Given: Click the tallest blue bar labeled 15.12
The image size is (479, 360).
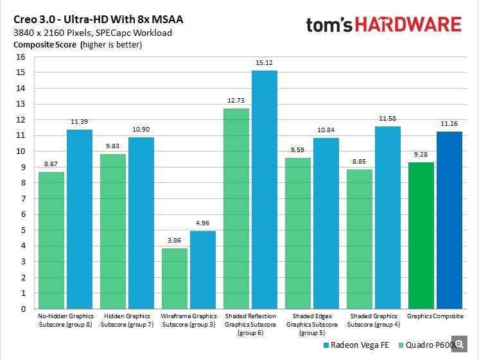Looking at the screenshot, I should [x=264, y=189].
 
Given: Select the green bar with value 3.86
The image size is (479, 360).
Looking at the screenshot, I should [x=175, y=278].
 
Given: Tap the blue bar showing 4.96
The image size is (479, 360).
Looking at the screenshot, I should [x=202, y=270].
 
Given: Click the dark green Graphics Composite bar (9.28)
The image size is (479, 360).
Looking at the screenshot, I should [x=421, y=235].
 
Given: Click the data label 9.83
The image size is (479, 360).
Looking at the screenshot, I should [x=113, y=147].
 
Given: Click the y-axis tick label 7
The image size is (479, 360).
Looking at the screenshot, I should [x=22, y=198].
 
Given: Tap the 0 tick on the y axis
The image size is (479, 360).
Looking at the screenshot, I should [x=22, y=309].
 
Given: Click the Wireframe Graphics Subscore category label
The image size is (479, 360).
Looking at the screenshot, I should [x=188, y=320].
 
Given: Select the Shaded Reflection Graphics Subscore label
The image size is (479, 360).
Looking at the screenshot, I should [x=250, y=324].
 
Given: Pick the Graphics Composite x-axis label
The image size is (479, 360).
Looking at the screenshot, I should [x=435, y=316].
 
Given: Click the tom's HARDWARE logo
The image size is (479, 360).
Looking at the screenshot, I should [x=383, y=24].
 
